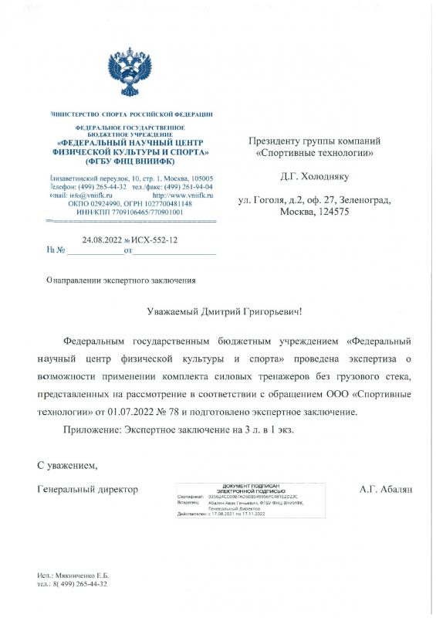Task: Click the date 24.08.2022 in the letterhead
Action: (x=101, y=240)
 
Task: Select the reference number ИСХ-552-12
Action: (x=157, y=240)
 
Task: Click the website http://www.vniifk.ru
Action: (x=181, y=196)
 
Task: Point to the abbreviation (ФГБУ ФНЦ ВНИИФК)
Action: (x=133, y=162)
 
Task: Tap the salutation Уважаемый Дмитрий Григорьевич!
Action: (x=225, y=311)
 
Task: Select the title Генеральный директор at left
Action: (x=87, y=489)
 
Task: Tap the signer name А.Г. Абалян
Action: (x=387, y=489)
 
